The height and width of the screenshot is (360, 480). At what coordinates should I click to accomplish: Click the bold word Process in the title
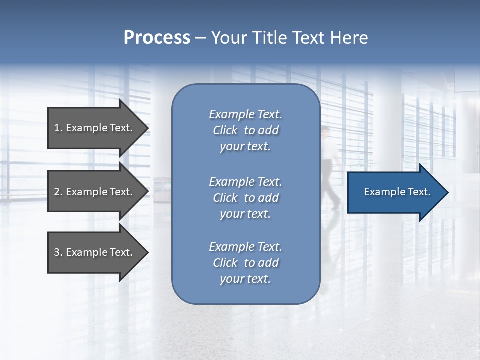[157, 38]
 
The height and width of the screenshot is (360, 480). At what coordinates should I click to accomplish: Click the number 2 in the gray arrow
[57, 192]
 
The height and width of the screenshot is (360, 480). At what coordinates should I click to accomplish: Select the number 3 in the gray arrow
[57, 252]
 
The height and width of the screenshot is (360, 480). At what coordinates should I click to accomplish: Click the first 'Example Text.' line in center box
[245, 114]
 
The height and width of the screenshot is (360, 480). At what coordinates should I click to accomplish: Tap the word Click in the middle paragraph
[225, 198]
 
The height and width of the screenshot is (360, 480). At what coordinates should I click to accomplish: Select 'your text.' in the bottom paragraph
[245, 279]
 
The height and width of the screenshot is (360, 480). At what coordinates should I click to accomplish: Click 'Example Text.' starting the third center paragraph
[245, 247]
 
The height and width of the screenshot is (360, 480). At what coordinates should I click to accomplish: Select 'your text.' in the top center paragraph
[245, 146]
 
